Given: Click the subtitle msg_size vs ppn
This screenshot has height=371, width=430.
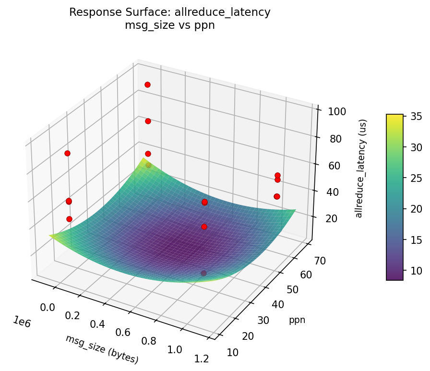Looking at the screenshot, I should pyautogui.click(x=169, y=26).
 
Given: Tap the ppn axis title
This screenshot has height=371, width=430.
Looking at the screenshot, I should pyautogui.click(x=297, y=320).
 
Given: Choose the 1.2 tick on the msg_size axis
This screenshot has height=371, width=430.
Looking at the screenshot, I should pyautogui.click(x=202, y=358).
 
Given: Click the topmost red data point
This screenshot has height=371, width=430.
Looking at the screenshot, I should pyautogui.click(x=147, y=84).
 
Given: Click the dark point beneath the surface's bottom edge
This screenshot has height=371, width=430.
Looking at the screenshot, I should pyautogui.click(x=203, y=273).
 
